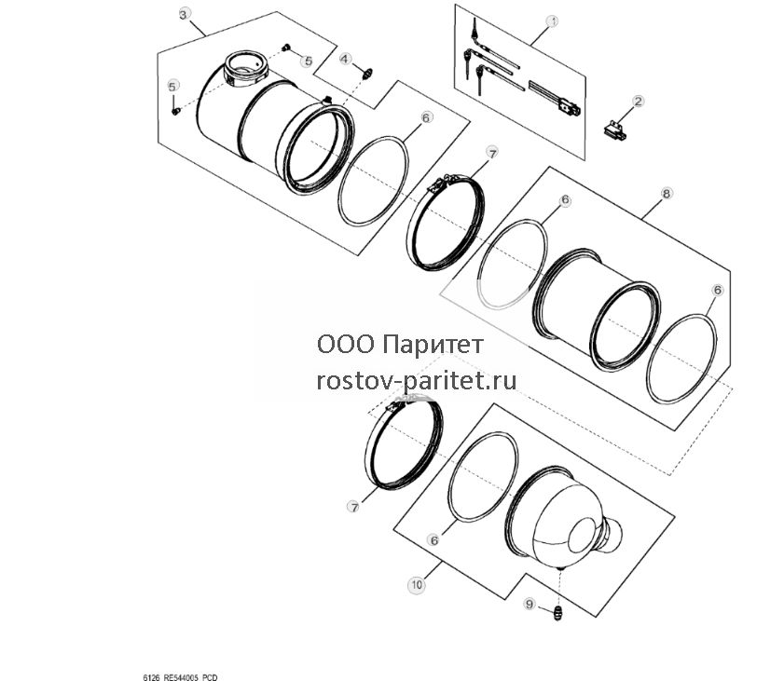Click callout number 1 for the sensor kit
coord(552,21)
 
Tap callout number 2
coord(638,102)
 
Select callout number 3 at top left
coord(183,15)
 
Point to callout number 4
coord(346,59)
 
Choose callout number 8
coord(667,193)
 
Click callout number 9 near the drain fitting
coord(530,604)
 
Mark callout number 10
coord(417,584)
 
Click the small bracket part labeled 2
coord(614,129)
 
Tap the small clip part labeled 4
coord(367,74)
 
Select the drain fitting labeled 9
coord(557,613)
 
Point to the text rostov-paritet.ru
coord(417,381)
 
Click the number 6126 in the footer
coord(151,677)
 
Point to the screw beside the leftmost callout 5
coord(175,112)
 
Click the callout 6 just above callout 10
coord(434,540)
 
